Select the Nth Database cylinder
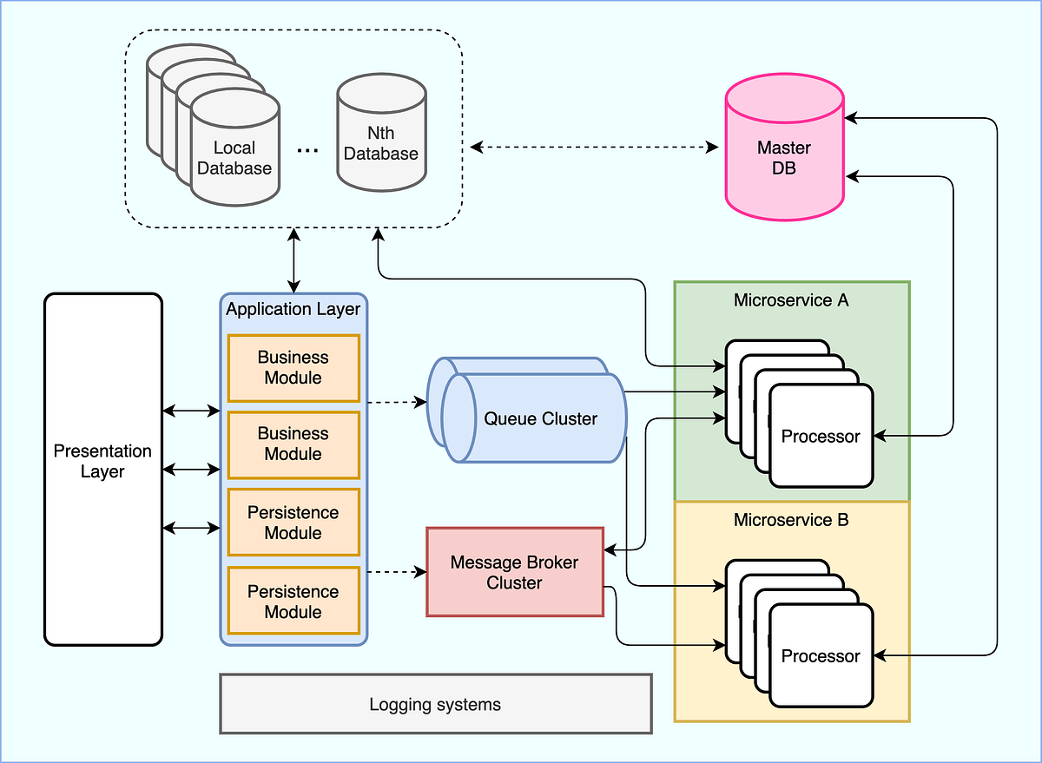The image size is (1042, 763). pyautogui.click(x=381, y=143)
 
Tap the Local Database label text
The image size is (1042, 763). pyautogui.click(x=234, y=158)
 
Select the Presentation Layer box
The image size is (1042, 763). pyautogui.click(x=103, y=470)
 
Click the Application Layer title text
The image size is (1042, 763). pyautogui.click(x=293, y=309)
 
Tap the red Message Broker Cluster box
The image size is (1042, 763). pyautogui.click(x=515, y=572)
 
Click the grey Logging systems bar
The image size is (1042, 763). pyautogui.click(x=435, y=704)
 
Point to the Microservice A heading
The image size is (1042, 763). pyautogui.click(x=791, y=300)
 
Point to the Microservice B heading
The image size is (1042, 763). pyautogui.click(x=791, y=521)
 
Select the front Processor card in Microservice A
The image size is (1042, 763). pyautogui.click(x=821, y=436)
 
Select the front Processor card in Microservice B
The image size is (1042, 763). pyautogui.click(x=821, y=656)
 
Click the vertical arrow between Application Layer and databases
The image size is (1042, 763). pyautogui.click(x=294, y=260)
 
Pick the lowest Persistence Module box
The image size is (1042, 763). pyautogui.click(x=293, y=602)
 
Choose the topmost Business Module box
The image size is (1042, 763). pyautogui.click(x=293, y=367)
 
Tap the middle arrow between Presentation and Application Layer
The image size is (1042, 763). pyautogui.click(x=191, y=470)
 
